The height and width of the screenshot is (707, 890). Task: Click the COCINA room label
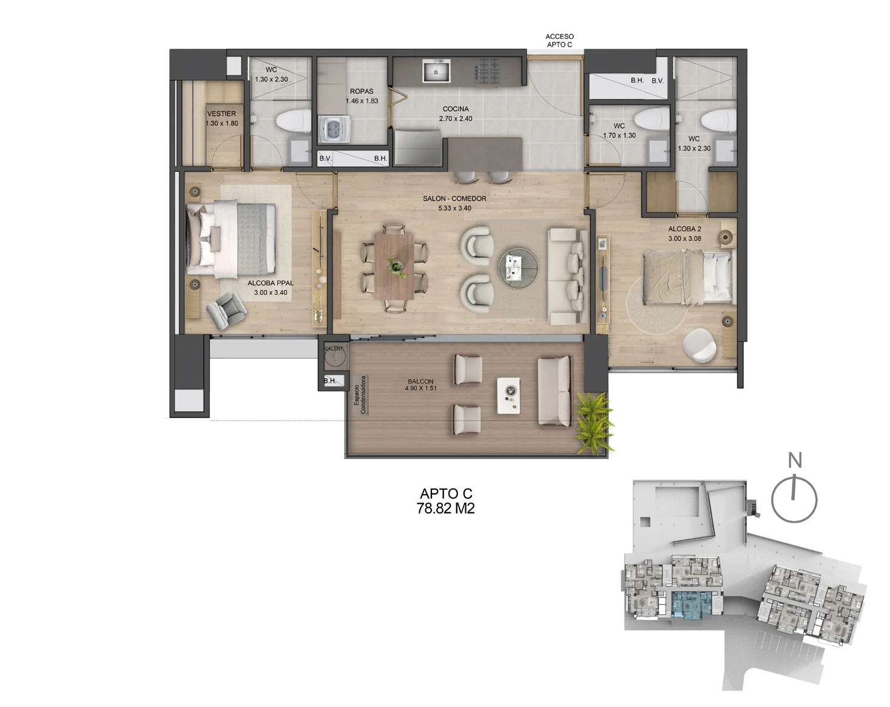pos(456,109)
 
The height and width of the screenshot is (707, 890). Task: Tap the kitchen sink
pos(436,71)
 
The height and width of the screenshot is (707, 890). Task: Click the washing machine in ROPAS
pos(334,129)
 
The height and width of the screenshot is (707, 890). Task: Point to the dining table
pos(394,266)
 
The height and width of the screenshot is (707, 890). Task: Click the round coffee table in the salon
pos(518,268)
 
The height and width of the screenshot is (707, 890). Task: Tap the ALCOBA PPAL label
pos(271,283)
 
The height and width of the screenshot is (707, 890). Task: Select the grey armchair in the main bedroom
pos(226,311)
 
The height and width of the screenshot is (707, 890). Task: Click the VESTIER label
pos(221,113)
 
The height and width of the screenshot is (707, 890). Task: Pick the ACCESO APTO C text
pos(559,41)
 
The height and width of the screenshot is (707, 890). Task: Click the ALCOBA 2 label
pos(684,229)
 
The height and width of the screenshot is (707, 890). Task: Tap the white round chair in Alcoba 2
pos(700,345)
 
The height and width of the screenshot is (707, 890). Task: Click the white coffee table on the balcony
pos(508,396)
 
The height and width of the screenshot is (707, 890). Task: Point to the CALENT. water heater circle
pos(334,357)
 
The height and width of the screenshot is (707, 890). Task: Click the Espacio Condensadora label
pos(360,394)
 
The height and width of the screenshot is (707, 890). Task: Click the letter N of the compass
pos(795,460)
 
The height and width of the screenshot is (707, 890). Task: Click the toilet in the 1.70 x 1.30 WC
pos(652,119)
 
